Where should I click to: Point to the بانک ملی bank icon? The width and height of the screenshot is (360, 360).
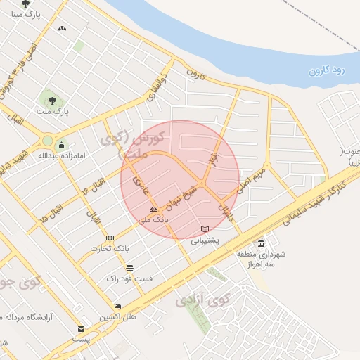pos(153,210)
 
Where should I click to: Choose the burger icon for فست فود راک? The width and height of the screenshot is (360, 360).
pos(129,268)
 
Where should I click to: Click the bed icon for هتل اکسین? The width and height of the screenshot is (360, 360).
pos(117,306)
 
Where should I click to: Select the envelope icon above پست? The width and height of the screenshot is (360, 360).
pos(82,328)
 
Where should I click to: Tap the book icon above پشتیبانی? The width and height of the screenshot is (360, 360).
pos(205,229)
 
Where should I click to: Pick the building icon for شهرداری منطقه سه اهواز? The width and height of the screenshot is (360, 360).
pos(262,243)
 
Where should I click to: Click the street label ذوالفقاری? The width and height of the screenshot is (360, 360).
pos(157,86)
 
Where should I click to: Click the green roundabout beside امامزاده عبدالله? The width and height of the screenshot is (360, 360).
pos(47,140)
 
